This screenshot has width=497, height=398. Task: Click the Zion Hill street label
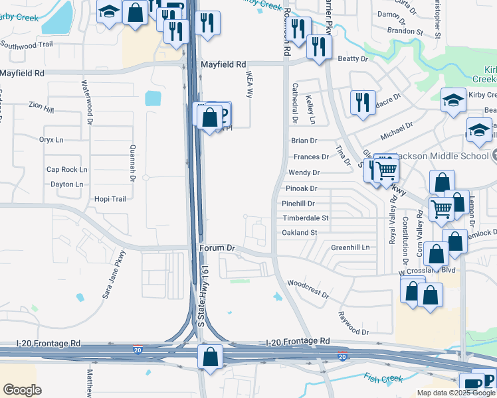[x=41, y=105]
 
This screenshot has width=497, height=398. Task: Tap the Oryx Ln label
[x=51, y=140]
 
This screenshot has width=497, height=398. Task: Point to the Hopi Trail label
[x=110, y=199]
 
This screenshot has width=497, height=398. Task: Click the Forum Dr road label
[x=218, y=248]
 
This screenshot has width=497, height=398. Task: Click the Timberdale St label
[x=305, y=218]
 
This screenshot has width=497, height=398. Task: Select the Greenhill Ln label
[x=350, y=247]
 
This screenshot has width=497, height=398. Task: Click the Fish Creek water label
[x=383, y=378]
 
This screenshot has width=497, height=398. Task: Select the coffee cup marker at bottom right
[x=472, y=384]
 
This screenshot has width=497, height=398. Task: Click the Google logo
[x=22, y=389]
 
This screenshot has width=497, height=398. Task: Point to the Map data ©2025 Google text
[x=455, y=393]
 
